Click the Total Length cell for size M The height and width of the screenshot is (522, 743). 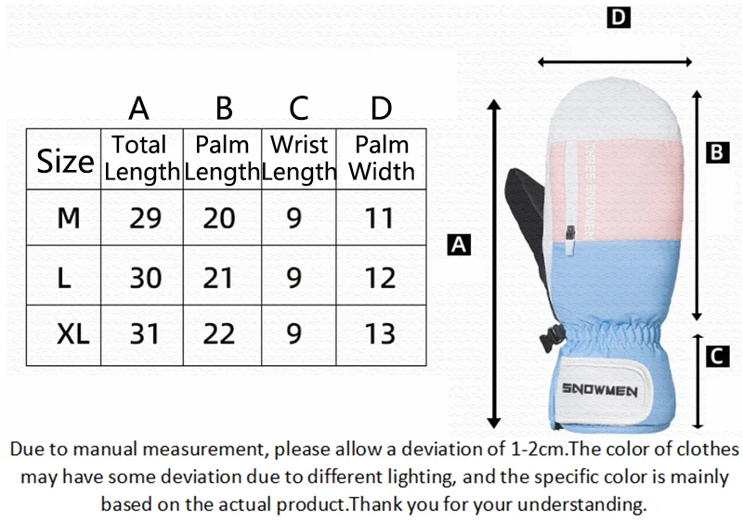tap(145, 218)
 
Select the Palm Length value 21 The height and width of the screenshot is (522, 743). tap(219, 277)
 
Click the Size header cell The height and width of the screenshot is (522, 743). tap(65, 161)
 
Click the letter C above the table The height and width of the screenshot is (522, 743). tap(298, 109)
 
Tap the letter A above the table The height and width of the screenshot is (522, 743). tap(139, 109)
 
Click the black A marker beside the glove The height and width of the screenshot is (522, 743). tap(459, 245)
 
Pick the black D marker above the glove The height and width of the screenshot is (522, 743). tap(619, 18)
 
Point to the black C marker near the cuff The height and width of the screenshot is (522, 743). tap(715, 355)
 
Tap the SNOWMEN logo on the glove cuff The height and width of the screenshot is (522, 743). tap(599, 391)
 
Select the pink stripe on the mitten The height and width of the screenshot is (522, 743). tap(632, 186)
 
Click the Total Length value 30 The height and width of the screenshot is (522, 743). tap(145, 277)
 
